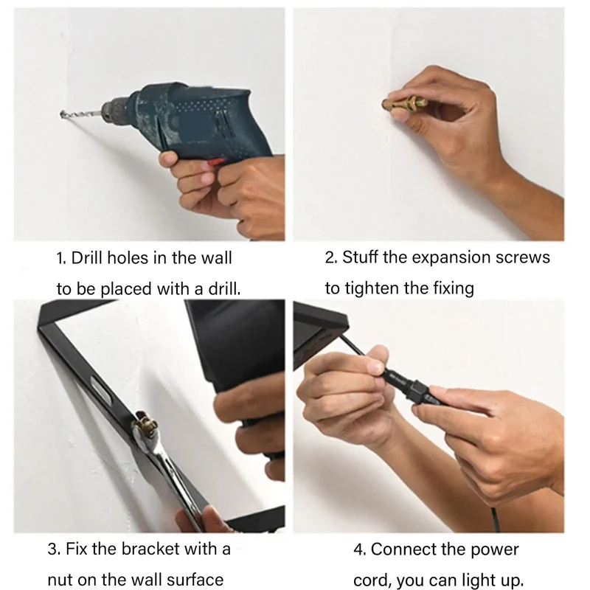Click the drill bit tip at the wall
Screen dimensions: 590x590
62,114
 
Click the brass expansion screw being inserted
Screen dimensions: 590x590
404,103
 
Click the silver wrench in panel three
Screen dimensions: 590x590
170,474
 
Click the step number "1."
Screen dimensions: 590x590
61,259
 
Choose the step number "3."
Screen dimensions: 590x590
55,549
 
